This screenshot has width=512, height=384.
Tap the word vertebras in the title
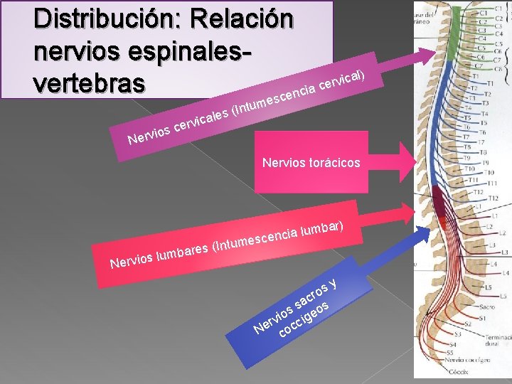[x=89, y=82]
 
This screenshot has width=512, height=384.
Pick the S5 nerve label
[x=449, y=353]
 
